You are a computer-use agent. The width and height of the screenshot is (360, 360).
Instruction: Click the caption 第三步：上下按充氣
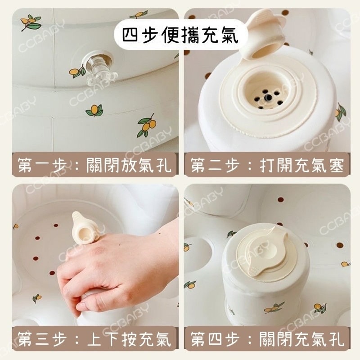point(94,338)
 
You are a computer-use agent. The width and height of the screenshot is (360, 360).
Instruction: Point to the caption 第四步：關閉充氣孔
point(267,338)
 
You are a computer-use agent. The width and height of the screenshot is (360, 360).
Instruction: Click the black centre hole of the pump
point(265,96)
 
